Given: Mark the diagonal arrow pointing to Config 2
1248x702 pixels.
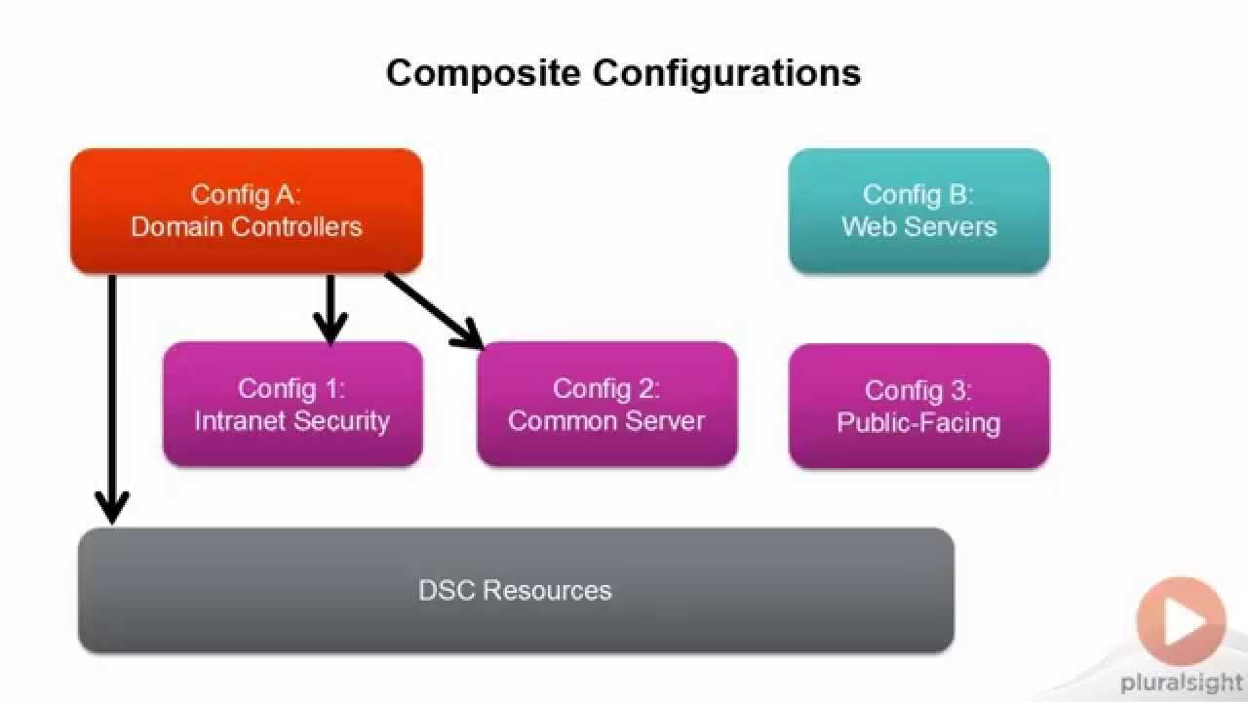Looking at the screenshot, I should coord(434,310).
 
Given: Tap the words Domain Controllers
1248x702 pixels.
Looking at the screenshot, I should coord(247,227).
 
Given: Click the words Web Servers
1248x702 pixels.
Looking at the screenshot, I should coord(918,227).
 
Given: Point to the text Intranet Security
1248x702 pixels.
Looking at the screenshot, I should coord(292,421).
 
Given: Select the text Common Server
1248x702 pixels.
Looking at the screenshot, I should coord(606,421).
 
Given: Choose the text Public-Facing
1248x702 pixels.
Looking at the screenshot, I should coord(918,423).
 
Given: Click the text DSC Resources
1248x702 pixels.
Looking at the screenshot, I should coord(515,591).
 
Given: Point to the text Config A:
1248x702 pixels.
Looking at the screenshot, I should coord(247,194).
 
